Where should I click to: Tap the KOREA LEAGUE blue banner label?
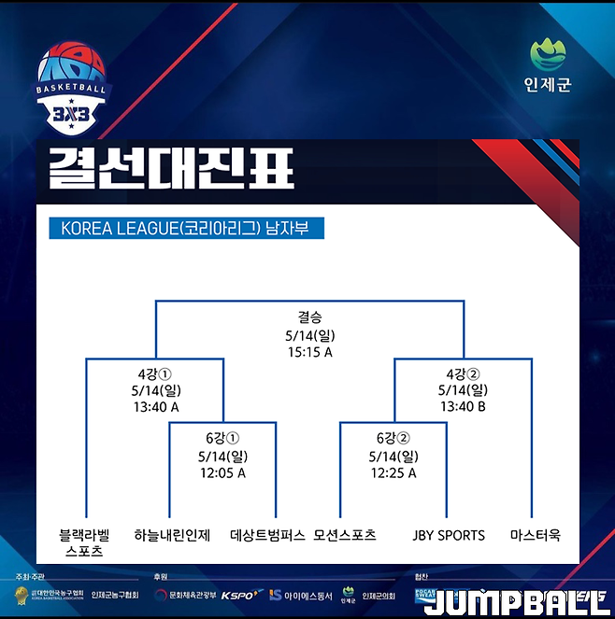pos(184,228)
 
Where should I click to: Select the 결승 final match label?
pos(309,317)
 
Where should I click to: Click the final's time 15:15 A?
pos(309,352)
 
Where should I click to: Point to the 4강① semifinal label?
pos(155,373)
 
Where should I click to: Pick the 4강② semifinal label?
pos(463,373)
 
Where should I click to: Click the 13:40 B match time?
pos(463,407)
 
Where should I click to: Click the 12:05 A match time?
pos(222,473)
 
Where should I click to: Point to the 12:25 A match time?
pos(393,473)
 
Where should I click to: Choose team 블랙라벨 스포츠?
pos(84,543)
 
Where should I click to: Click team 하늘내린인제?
pos(172,536)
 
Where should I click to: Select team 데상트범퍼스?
pos(267,536)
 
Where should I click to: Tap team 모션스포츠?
pos(345,536)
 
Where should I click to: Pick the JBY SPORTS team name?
pos(449,536)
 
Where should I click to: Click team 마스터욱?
pos(535,536)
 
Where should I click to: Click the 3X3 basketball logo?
pos(72,87)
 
